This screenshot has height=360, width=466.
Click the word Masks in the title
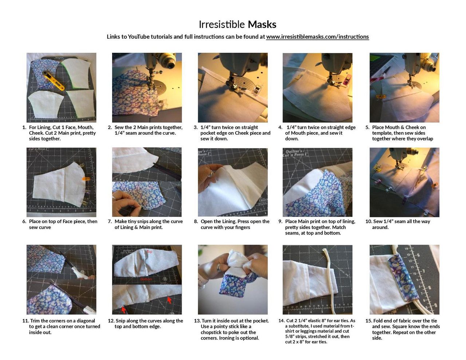(x=262, y=24)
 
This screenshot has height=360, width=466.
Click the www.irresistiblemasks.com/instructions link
(x=317, y=37)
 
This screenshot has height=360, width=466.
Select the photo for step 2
(x=147, y=87)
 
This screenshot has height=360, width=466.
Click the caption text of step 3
(x=235, y=133)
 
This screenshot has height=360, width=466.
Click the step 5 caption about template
(x=402, y=133)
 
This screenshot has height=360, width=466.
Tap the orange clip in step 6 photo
(x=86, y=179)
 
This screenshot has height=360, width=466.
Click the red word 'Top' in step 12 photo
(x=149, y=252)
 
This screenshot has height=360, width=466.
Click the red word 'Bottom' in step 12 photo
(x=146, y=279)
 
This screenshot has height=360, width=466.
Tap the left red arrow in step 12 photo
(x=124, y=309)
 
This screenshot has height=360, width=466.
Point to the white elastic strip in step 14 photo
(x=330, y=277)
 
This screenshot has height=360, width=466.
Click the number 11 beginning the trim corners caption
(x=25, y=321)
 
